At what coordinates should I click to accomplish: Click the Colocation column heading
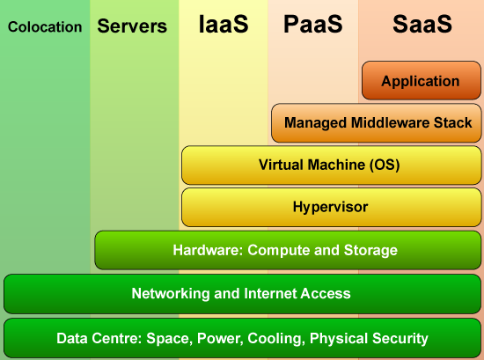coord(45,27)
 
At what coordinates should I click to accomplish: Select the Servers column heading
coord(132,26)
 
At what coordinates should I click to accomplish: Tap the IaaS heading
coord(224,24)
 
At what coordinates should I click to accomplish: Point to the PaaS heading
coord(313,24)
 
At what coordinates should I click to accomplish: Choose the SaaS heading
coord(422,24)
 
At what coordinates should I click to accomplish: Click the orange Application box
coord(422,80)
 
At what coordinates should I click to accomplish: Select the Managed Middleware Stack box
coord(377,123)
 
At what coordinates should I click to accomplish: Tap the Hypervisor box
coord(332,207)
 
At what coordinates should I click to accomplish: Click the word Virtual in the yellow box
coord(279,165)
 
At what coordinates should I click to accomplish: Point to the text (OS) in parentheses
coord(385,165)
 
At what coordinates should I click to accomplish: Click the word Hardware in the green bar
coord(208,250)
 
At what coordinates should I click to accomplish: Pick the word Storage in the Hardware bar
coord(370,250)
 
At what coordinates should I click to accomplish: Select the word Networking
coord(171,294)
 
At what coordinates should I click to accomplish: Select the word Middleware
coord(390,122)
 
